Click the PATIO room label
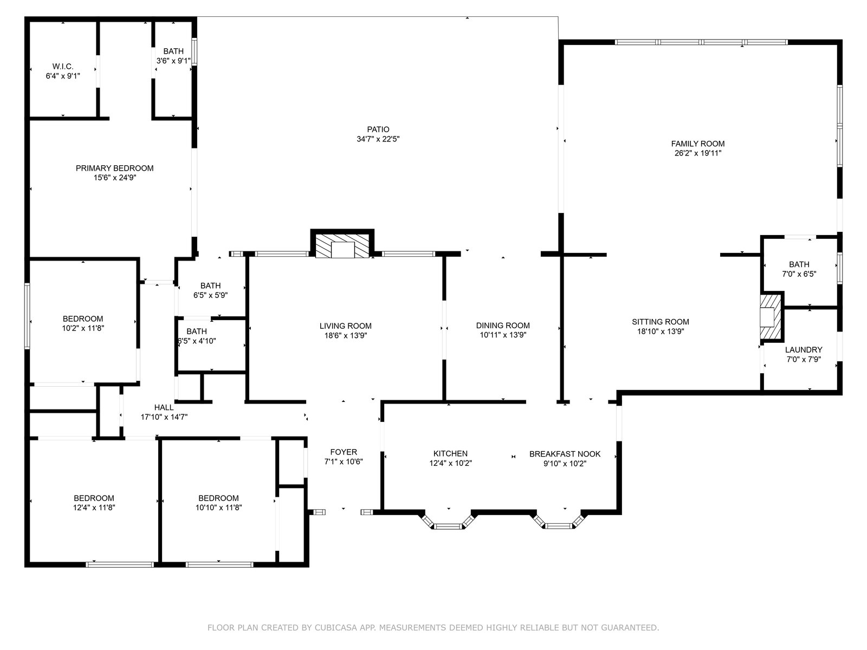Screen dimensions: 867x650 378,129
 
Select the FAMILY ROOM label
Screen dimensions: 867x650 698,144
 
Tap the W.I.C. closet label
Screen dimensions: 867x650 63,66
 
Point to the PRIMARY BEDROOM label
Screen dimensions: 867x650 114,168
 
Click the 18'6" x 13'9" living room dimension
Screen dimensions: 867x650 345,335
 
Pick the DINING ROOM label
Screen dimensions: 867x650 503,326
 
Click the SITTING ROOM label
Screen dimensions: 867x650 661,322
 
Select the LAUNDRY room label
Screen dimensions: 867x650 804,350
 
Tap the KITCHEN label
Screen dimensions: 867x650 450,454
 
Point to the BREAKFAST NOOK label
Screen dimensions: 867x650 565,454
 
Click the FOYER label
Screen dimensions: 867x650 344,452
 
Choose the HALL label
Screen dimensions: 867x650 164,407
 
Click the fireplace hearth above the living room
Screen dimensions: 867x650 342,245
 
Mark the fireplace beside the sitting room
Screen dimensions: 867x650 771,317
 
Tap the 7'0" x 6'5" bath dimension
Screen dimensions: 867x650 799,274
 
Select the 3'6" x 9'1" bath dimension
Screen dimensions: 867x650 173,61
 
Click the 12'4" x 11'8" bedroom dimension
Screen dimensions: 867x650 94,508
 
